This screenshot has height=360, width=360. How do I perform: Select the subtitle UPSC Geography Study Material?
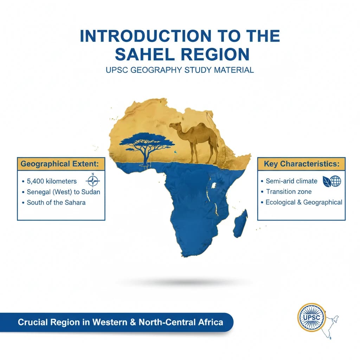pos(180,70)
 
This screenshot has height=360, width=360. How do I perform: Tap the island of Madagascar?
pos(240,223)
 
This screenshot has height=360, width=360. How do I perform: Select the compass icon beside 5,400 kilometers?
pos(93,181)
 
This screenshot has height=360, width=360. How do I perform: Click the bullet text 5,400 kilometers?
pos(52,181)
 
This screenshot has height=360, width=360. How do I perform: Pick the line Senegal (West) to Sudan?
pos(63,192)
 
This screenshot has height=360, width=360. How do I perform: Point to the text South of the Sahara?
pos(56,202)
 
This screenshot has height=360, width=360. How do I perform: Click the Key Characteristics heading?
pos(301,164)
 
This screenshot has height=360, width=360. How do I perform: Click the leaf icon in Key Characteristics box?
pos(327,181)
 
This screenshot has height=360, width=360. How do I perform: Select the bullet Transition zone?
pos(289,192)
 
